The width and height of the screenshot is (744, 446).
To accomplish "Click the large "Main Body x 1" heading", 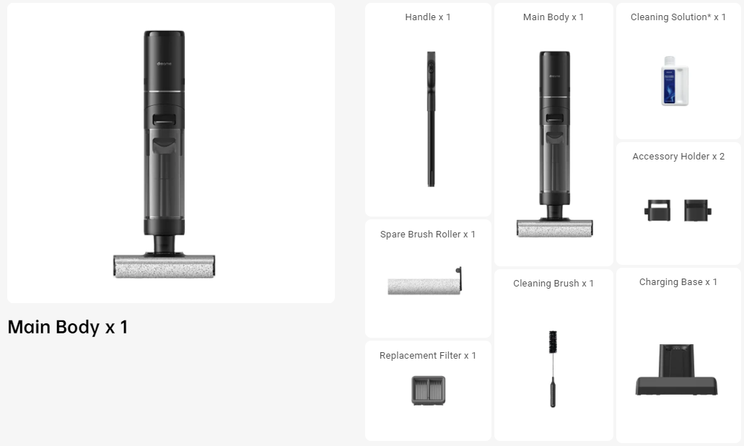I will (68, 327).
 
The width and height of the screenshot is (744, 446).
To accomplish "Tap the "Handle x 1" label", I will (428, 17).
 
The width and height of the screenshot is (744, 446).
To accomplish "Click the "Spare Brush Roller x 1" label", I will (428, 235).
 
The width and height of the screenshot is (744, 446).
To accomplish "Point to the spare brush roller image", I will (423, 286).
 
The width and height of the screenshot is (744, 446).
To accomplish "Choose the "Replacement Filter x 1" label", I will (428, 356).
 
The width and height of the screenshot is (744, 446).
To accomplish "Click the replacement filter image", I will (428, 390).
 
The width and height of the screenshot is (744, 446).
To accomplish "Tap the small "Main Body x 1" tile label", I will (553, 17).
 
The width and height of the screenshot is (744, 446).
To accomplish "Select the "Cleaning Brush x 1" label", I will (553, 284).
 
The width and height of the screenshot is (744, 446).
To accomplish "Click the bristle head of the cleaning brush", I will (553, 342).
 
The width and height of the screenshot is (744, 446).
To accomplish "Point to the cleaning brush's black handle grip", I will (553, 396).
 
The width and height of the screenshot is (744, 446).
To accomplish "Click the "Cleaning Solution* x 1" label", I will (678, 17).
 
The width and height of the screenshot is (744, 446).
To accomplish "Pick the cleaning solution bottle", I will (675, 81).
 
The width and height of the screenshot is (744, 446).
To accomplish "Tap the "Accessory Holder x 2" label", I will (678, 157).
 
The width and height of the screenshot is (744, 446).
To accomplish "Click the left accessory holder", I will (657, 211).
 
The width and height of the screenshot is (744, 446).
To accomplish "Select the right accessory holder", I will (697, 211).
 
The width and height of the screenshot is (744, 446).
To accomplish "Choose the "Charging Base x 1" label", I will (678, 282).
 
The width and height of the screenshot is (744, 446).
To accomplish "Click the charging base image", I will (676, 371).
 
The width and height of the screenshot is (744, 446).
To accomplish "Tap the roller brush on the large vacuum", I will (164, 266).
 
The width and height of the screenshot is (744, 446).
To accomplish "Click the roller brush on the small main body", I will (554, 229).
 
